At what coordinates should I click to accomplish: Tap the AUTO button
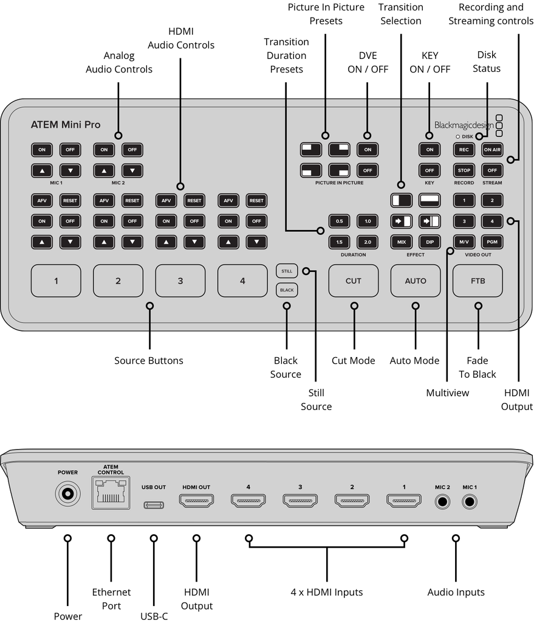pyautogui.click(x=416, y=280)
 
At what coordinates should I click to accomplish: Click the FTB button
pyautogui.click(x=478, y=280)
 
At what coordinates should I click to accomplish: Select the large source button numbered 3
pyautogui.click(x=180, y=280)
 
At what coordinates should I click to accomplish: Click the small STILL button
pyautogui.click(x=287, y=271)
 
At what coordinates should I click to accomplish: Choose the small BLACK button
pyautogui.click(x=287, y=290)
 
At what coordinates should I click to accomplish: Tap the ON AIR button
pyautogui.click(x=492, y=149)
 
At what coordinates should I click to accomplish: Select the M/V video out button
pyautogui.click(x=464, y=242)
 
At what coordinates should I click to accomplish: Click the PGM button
pyautogui.click(x=492, y=242)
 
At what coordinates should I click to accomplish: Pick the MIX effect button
pyautogui.click(x=402, y=242)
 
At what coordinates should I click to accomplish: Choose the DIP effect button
pyautogui.click(x=430, y=242)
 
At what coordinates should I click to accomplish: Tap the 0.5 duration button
pyautogui.click(x=339, y=221)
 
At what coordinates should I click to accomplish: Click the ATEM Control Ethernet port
pyautogui.click(x=110, y=493)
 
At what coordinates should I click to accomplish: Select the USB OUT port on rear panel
pyautogui.click(x=153, y=504)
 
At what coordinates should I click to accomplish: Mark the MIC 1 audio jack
pyautogui.click(x=470, y=503)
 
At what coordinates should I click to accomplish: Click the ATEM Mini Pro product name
pyautogui.click(x=66, y=125)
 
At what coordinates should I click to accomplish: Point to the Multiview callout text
pyautogui.click(x=447, y=393)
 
